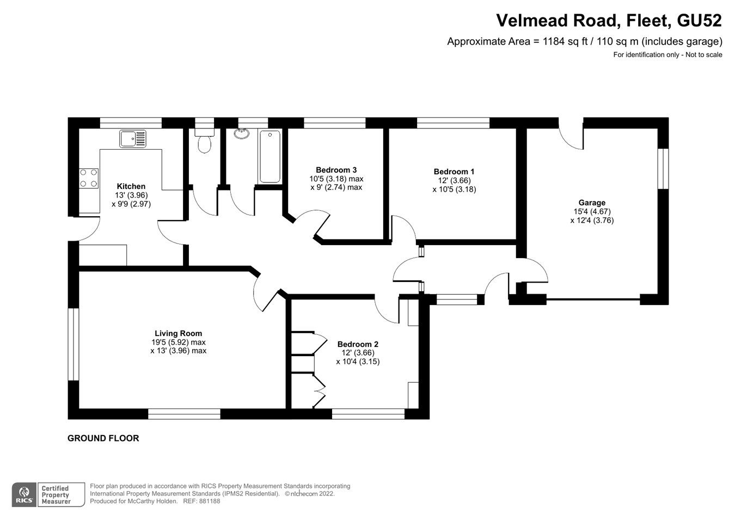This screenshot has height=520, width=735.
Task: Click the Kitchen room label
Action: click(x=131, y=186)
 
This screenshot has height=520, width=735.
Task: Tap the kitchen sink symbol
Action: click(x=133, y=139)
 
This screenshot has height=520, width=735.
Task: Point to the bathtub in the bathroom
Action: click(x=270, y=157)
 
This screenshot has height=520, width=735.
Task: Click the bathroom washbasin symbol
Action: click(x=241, y=133)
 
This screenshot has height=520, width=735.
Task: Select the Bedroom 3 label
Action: click(x=336, y=170)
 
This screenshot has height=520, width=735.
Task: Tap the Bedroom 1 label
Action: click(x=454, y=172)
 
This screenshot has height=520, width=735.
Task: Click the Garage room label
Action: click(x=592, y=203)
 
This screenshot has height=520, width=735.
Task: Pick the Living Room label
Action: click(x=178, y=333)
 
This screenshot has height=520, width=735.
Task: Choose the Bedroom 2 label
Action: click(x=358, y=344)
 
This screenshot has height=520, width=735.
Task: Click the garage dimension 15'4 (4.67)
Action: click(x=592, y=211)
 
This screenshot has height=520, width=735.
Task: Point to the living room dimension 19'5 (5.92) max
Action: click(x=178, y=342)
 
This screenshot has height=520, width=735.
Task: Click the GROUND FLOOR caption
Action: click(x=103, y=438)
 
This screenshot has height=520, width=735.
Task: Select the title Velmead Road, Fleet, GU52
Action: click(x=609, y=21)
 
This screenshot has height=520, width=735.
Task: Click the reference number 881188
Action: click(x=209, y=501)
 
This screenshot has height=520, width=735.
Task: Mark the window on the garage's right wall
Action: click(x=663, y=168)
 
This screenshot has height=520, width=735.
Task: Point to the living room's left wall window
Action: click(x=73, y=345)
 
